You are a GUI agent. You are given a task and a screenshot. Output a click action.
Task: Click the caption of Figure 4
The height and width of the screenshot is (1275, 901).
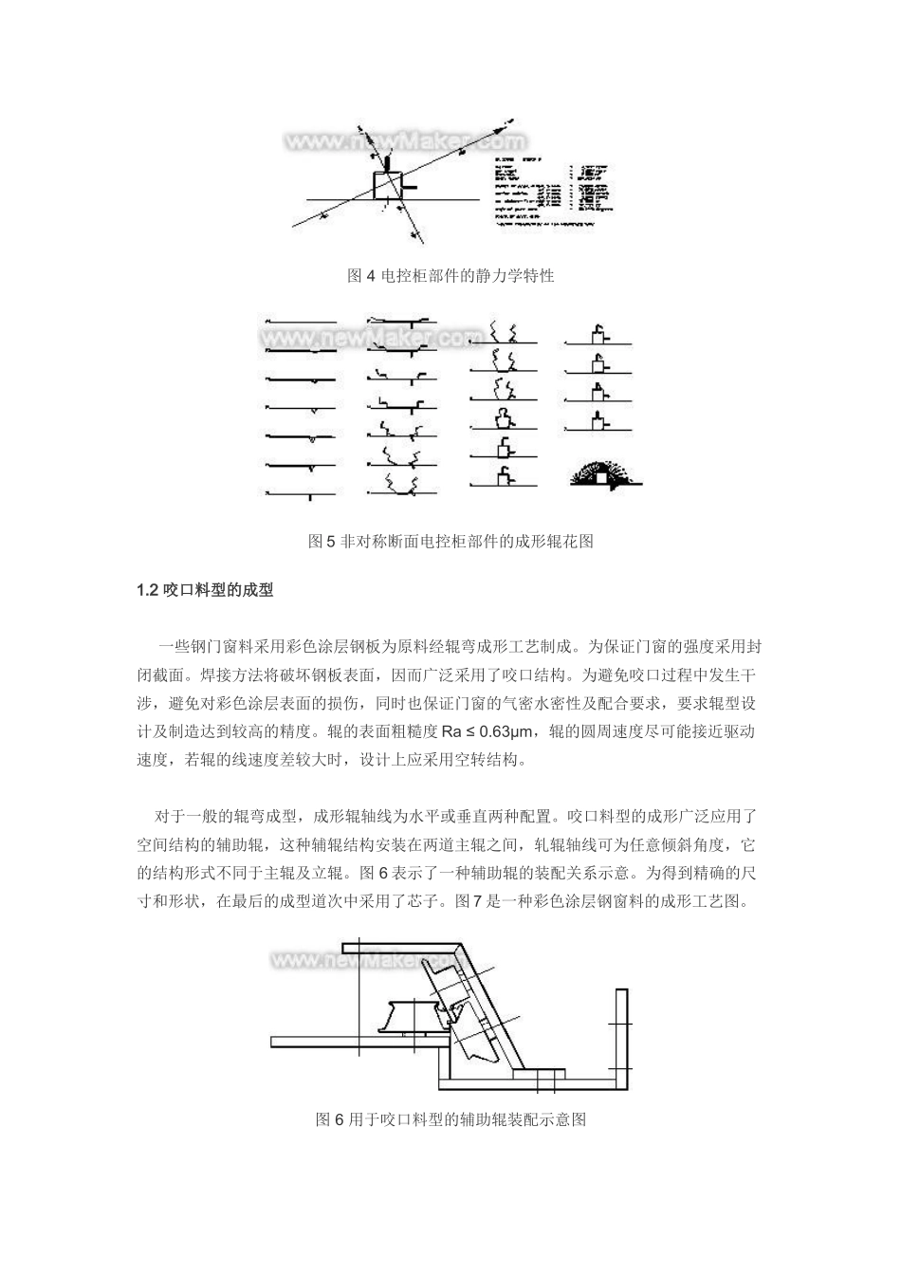tap(450, 276)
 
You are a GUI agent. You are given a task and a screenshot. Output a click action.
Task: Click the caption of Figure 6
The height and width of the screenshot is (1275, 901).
tap(450, 1119)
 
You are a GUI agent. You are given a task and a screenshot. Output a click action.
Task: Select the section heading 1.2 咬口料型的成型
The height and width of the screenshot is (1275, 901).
tap(205, 589)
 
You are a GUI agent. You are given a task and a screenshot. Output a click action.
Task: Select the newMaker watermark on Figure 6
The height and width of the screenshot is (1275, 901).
tap(365, 959)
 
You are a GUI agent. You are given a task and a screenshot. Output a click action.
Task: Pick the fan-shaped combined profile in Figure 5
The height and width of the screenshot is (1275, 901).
tap(604, 474)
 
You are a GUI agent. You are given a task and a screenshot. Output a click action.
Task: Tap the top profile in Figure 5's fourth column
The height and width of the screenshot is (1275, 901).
tap(599, 335)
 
